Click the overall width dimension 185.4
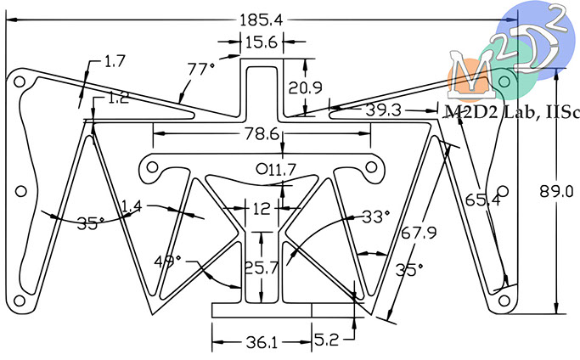click(262, 20)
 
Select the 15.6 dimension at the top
click(262, 42)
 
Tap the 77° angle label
click(200, 69)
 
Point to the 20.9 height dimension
click(305, 87)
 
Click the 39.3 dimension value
click(383, 110)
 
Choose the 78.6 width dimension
click(262, 134)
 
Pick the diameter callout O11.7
click(276, 170)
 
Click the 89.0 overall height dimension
click(556, 192)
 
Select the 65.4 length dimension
click(482, 200)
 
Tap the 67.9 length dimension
click(420, 233)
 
